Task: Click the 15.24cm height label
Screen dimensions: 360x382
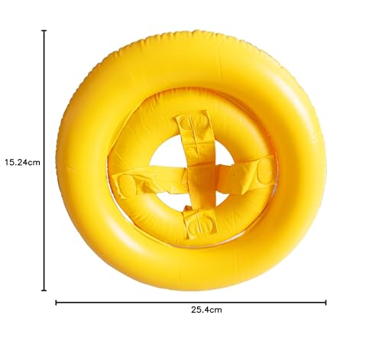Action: pyautogui.click(x=21, y=162)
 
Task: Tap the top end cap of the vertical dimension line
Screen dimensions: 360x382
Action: pyautogui.click(x=44, y=31)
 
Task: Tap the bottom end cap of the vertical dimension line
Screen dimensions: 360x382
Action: pyautogui.click(x=44, y=290)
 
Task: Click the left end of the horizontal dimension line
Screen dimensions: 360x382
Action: pyautogui.click(x=57, y=302)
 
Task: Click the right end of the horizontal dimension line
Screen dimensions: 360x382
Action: pyautogui.click(x=326, y=302)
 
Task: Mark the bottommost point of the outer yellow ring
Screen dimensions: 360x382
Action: pyautogui.click(x=191, y=290)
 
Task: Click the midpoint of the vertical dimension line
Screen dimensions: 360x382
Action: pyautogui.click(x=44, y=161)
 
